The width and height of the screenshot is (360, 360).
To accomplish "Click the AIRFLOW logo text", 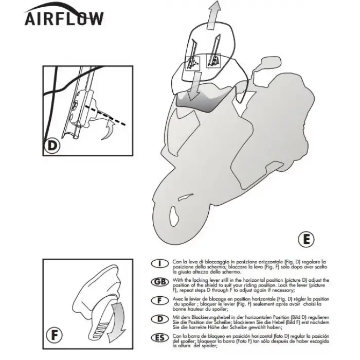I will click(64, 17).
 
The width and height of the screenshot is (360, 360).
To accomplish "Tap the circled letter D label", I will click(52, 146).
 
